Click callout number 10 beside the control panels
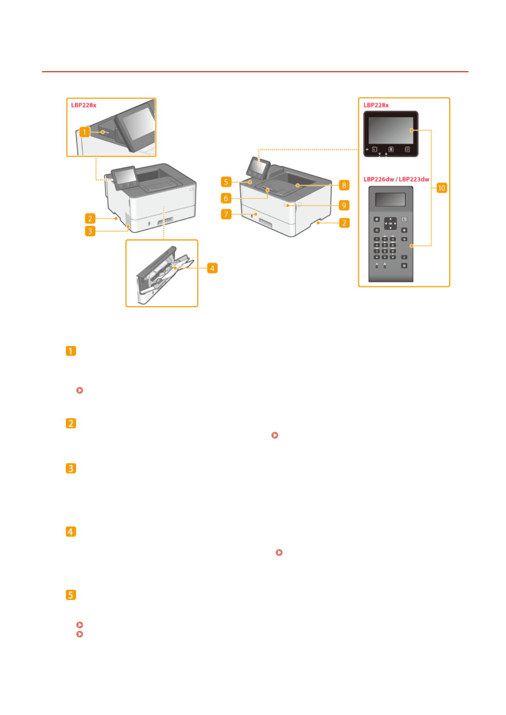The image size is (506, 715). pyautogui.click(x=441, y=188)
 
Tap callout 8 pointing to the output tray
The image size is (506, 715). pyautogui.click(x=344, y=185)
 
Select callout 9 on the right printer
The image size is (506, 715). pyautogui.click(x=344, y=205)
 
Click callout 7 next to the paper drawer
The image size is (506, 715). pyautogui.click(x=226, y=214)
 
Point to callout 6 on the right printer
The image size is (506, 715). pyautogui.click(x=226, y=198)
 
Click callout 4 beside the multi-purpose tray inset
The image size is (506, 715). pyautogui.click(x=212, y=268)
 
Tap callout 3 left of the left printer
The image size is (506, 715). pyautogui.click(x=90, y=231)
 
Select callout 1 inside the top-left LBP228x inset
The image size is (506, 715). pyautogui.click(x=85, y=132)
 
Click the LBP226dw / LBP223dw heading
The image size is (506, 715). pyautogui.click(x=396, y=179)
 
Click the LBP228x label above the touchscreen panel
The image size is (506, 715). pyautogui.click(x=376, y=105)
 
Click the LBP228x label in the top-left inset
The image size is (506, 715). pyautogui.click(x=84, y=105)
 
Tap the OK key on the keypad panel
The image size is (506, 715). pyautogui.click(x=390, y=223)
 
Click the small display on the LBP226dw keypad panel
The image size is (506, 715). pyautogui.click(x=390, y=200)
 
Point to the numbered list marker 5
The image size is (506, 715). pyautogui.click(x=71, y=595)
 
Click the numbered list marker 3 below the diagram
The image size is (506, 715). pyautogui.click(x=71, y=468)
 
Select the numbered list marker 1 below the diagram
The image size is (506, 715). pyautogui.click(x=71, y=351)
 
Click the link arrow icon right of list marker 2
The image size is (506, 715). pyautogui.click(x=275, y=435)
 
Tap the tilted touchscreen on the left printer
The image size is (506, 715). pyautogui.click(x=124, y=177)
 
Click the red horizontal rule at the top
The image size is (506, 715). pyautogui.click(x=255, y=72)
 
